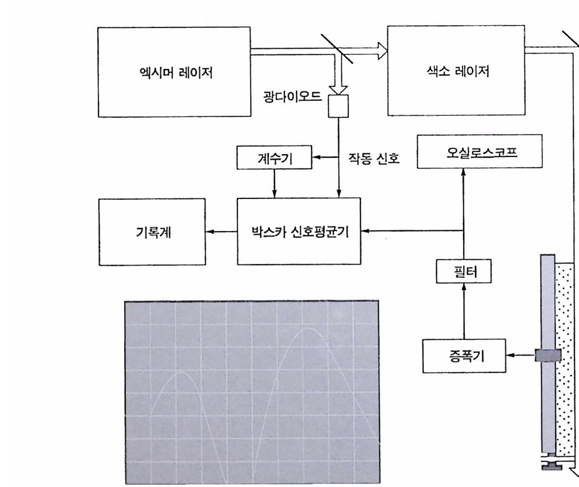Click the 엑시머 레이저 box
[174, 72]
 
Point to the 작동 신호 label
[374, 159]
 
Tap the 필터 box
[464, 272]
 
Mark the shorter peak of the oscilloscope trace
[180, 372]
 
